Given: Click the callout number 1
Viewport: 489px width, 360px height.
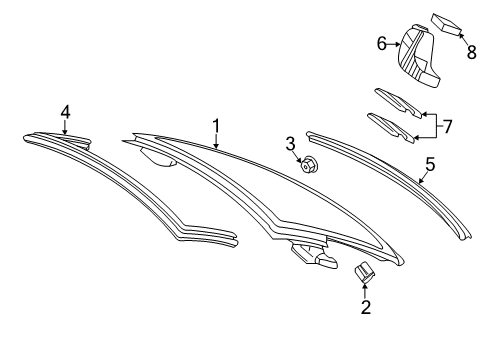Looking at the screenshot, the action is pos(216,126).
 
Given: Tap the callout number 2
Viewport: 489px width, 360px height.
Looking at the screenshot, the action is pos(366,307).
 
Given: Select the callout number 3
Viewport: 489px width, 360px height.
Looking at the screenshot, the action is pos(290,144).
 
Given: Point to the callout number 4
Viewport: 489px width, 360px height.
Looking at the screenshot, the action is pos(66,112).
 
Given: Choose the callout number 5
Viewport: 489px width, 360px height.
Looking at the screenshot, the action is pos(430,165).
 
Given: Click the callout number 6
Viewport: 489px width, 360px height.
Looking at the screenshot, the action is pos(382,44).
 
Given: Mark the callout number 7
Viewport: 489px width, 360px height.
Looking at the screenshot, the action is pos(447,127).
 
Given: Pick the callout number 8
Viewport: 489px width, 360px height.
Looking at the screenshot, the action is pos(471,52).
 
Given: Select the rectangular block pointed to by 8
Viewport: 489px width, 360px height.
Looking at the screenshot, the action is pos(446,24).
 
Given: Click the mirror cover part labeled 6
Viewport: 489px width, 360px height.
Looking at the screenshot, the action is pos(420,56).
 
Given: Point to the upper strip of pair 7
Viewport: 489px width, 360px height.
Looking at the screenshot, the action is pos(398,103).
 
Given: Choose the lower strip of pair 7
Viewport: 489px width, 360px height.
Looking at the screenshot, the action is pos(391,128).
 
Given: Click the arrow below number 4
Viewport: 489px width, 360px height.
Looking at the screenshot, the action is pos(65,128).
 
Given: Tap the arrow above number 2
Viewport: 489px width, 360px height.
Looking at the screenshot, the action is pos(365,290).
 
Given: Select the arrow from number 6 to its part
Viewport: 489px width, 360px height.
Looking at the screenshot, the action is pos(394,44).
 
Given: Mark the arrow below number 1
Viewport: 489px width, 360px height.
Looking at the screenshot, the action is pos(216,141).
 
